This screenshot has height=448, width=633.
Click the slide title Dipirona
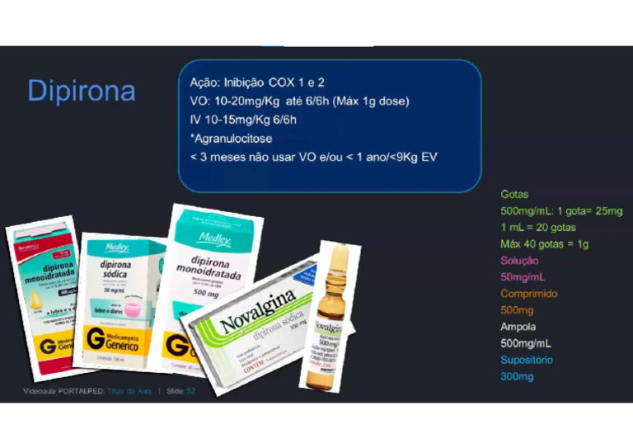pos(82,90)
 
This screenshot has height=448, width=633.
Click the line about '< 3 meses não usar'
pos(313,157)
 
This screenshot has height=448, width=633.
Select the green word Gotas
pos(514,194)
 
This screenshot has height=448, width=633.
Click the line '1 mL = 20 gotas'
pos(538,227)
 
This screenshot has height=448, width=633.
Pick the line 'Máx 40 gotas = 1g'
pos(544,243)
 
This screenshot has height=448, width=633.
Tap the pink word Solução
pos(519,261)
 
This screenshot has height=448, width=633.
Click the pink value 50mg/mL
pos(523,277)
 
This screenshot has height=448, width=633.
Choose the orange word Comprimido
pos(529,294)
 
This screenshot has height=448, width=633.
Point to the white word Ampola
pos(519,327)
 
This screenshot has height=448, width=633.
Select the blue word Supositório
pos(527,360)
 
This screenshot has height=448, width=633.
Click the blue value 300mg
pos(517,377)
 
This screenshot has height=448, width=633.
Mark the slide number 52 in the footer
pos(191,390)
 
